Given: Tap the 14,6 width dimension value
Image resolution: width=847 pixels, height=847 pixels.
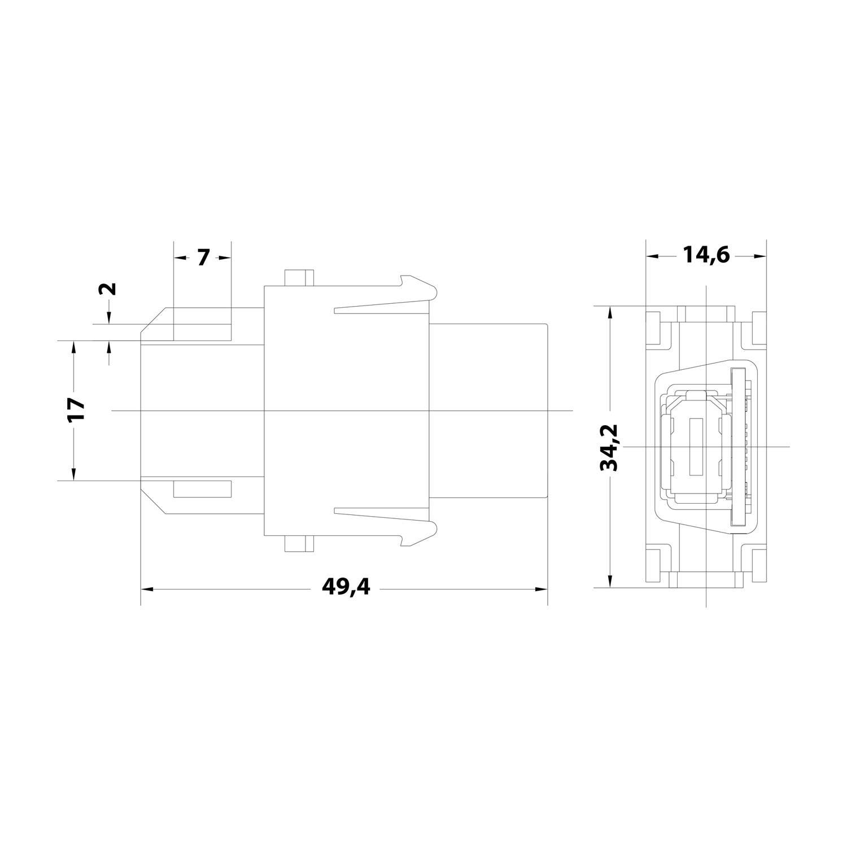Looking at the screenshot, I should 706,256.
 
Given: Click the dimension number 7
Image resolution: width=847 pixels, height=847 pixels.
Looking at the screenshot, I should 203,257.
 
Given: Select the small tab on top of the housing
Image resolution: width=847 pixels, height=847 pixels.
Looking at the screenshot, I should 299,278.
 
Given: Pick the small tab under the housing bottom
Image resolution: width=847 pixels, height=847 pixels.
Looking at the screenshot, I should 299,544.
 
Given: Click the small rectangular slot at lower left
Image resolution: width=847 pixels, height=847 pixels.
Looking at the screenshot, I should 202,489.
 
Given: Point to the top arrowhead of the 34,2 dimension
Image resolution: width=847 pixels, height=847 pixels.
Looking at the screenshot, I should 609,313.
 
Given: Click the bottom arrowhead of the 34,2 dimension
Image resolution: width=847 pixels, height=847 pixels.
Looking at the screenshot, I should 609,582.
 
